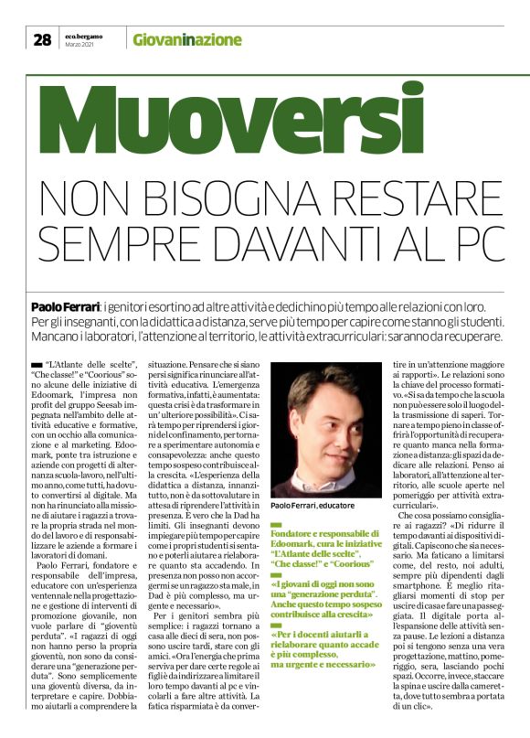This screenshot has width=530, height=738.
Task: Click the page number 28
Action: click(x=42, y=38)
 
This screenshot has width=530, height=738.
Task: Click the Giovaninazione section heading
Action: click(x=186, y=39)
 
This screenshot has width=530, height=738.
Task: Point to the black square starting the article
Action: click(x=36, y=363)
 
